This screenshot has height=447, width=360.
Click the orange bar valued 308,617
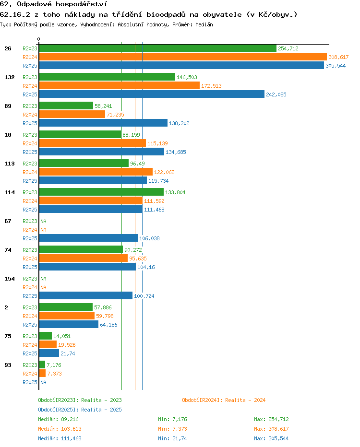point(183,57)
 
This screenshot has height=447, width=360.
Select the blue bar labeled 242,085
point(152,94)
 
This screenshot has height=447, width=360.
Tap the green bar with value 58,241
point(66,106)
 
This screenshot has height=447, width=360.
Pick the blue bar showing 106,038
point(88,238)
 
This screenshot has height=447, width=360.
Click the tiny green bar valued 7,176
point(42,365)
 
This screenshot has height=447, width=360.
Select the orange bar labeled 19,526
point(48,345)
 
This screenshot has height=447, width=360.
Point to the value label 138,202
point(179,123)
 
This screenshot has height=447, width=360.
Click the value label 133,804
point(175,192)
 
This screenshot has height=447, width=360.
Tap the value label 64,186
point(108,324)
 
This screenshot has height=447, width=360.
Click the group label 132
point(10,77)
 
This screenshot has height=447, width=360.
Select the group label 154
point(10,279)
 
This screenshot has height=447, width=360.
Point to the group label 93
point(8,365)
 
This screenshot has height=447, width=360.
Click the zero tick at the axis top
point(38,39)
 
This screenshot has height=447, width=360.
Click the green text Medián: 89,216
point(58,419)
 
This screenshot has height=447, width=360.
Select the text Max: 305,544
point(271,438)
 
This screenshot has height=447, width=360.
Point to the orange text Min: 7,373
point(173,429)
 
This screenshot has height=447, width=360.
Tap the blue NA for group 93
point(43,382)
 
